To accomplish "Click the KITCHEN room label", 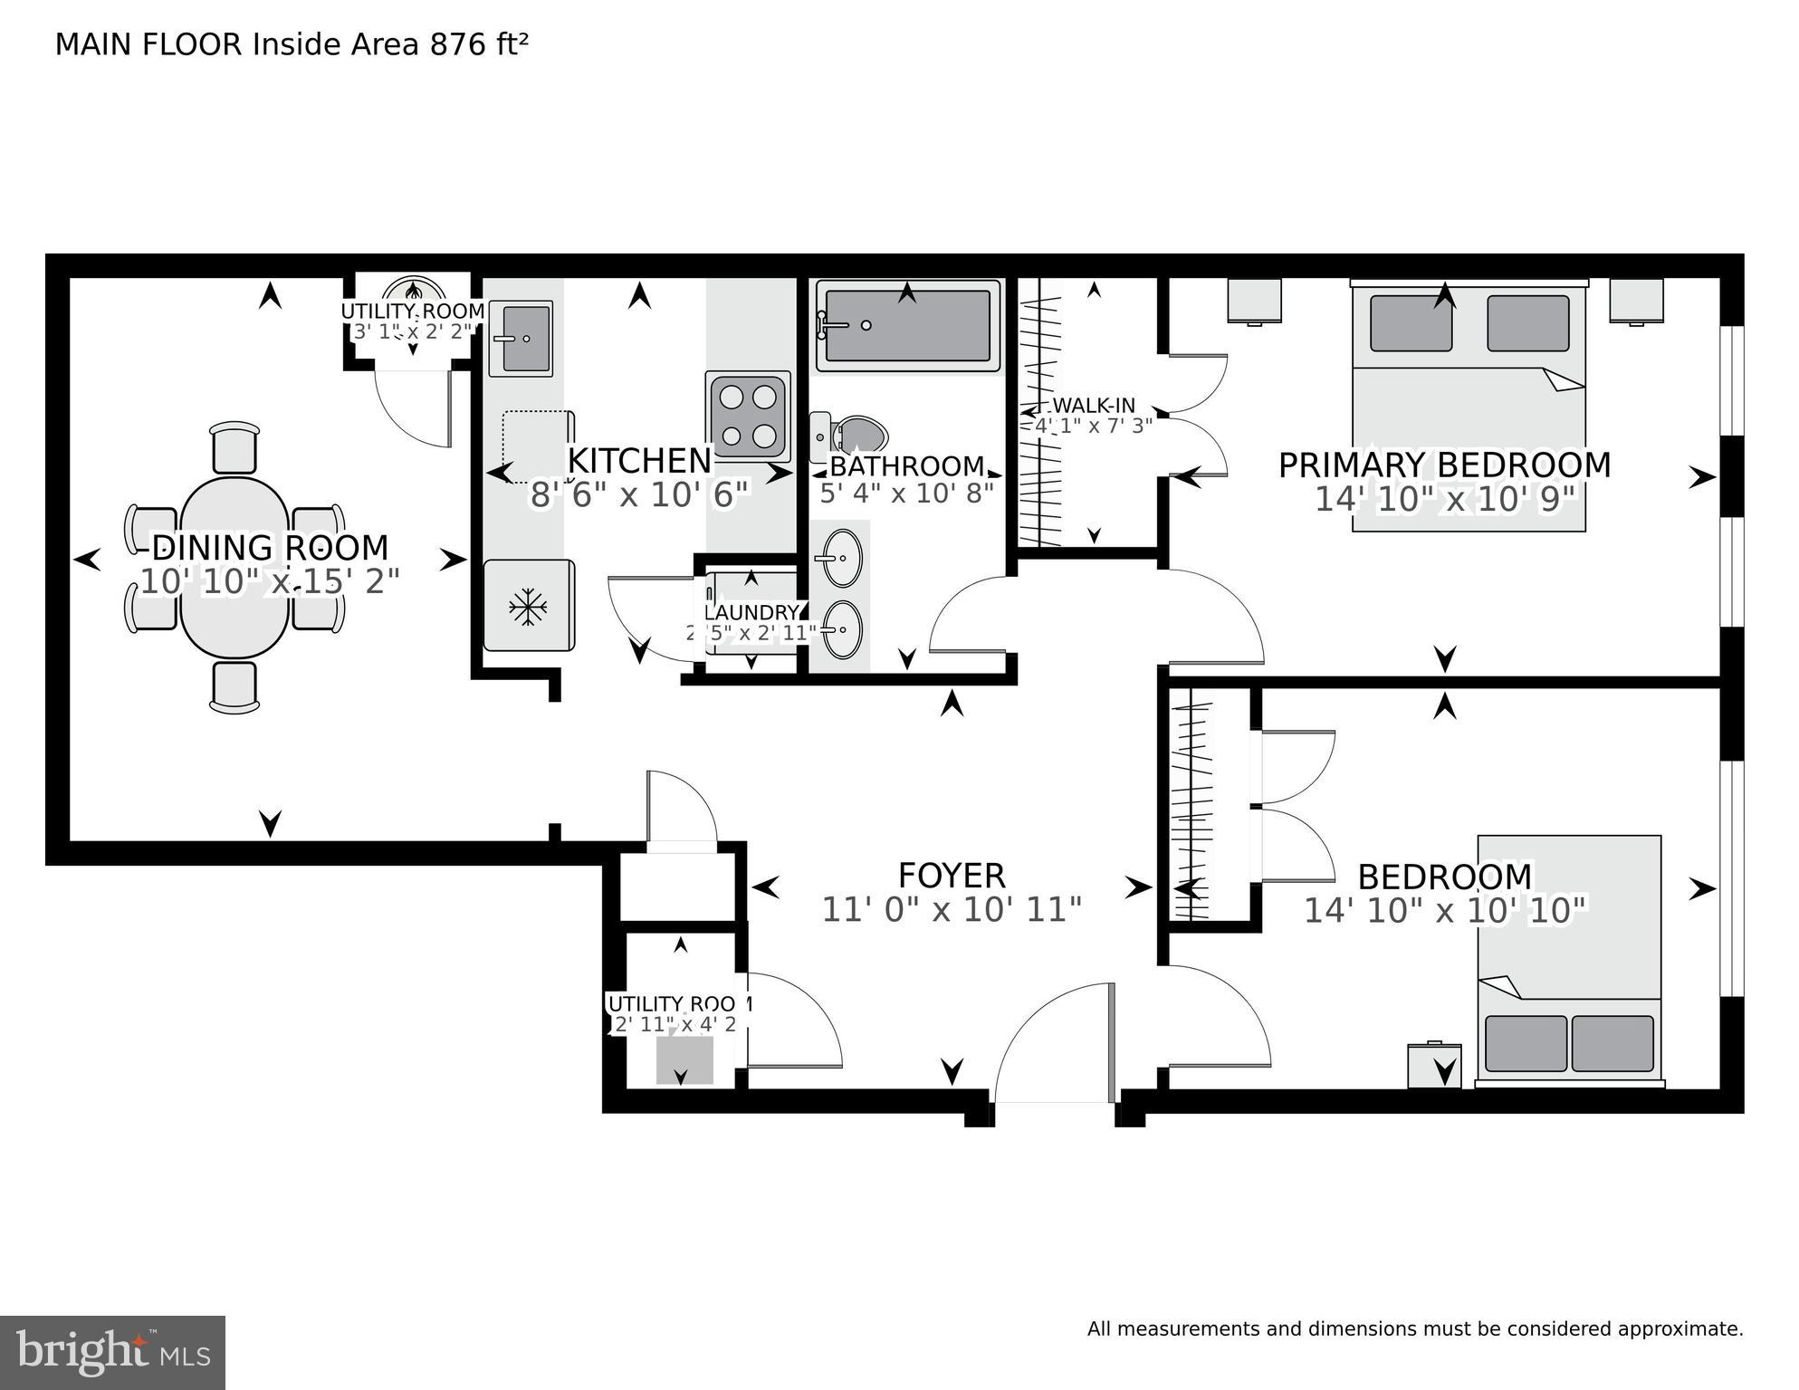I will (x=639, y=461).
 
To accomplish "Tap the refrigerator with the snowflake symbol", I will (x=529, y=606).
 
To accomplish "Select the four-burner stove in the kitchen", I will (x=748, y=417).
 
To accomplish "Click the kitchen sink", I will (x=522, y=338).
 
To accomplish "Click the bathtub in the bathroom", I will (x=908, y=326).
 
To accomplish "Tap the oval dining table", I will (x=234, y=567).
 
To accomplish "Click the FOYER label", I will (x=951, y=876).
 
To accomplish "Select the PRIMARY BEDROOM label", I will (x=1443, y=465).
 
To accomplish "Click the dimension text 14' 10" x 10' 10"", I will (x=1445, y=910).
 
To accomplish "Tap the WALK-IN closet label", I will (x=1094, y=406).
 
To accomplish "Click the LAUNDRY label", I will (x=751, y=613).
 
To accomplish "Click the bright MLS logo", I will (x=112, y=1352).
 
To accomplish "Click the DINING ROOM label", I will (x=270, y=548).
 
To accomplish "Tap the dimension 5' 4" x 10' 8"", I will (x=906, y=493).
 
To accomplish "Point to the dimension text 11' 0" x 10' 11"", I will (x=951, y=910).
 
